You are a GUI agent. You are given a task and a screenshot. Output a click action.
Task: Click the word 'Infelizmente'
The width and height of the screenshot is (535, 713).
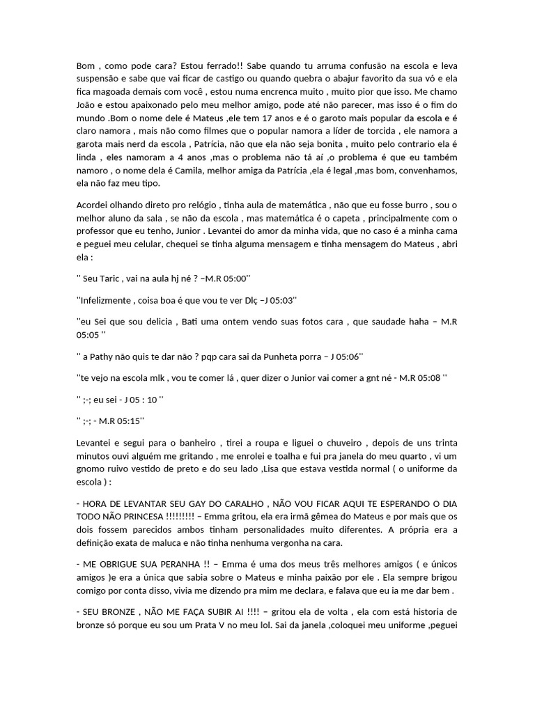coord(104,300)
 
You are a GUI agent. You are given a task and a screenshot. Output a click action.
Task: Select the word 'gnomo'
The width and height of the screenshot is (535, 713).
coord(91,469)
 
